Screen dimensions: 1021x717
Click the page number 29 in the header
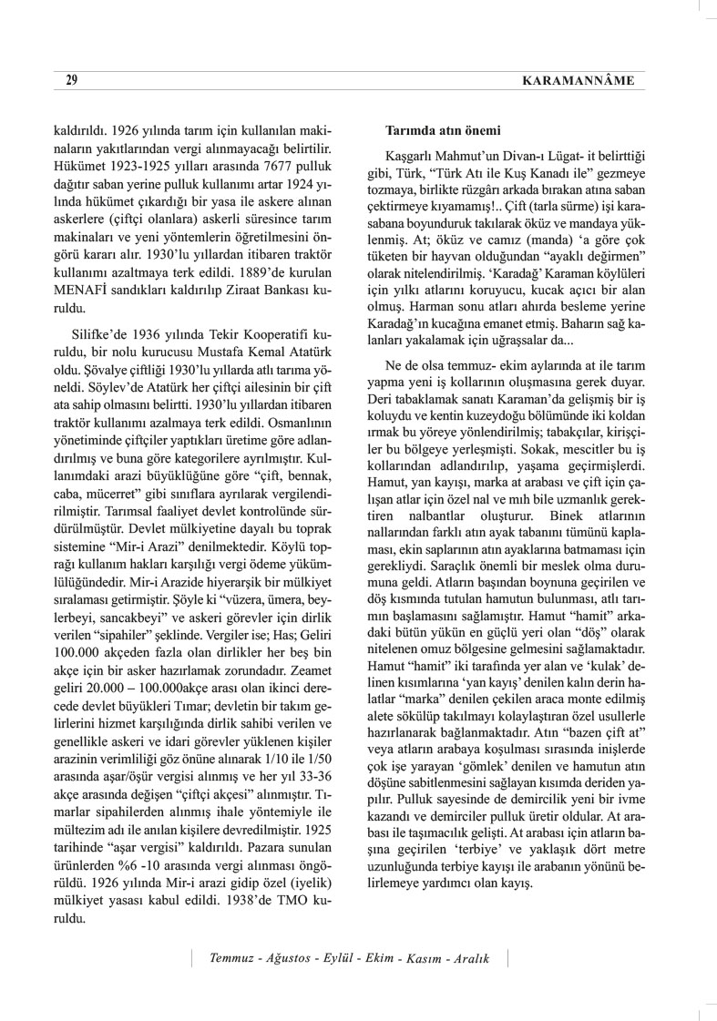71,81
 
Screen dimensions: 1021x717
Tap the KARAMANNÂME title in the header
578,81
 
